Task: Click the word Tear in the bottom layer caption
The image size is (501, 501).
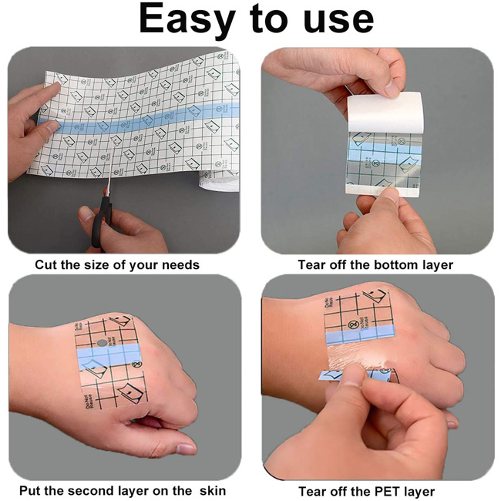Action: point(311,265)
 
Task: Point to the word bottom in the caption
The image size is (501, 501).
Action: point(395,265)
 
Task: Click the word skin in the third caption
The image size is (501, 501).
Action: point(211,490)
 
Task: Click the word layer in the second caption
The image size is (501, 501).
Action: point(435,265)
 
